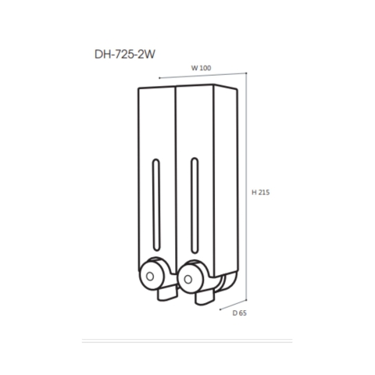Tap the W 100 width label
[202, 68]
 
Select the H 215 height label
[261, 191]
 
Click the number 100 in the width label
[205, 68]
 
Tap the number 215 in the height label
[265, 191]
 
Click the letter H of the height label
[253, 191]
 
